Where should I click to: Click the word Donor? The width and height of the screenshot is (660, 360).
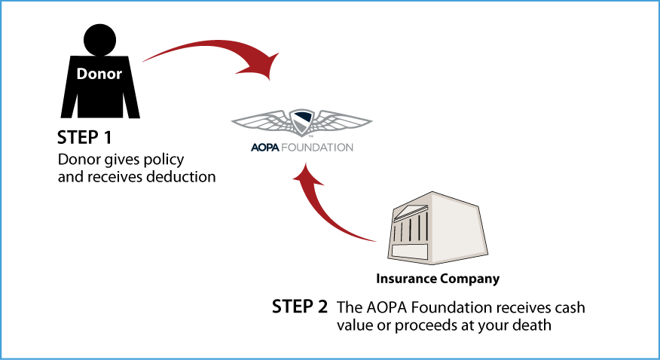point(99,75)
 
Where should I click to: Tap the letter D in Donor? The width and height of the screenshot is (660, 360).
point(82,75)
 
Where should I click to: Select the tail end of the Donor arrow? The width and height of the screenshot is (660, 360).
point(145,59)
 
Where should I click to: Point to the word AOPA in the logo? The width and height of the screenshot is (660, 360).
point(265,148)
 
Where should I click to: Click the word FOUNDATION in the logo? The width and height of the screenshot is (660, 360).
point(317,148)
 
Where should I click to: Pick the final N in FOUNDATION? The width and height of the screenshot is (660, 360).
point(349,148)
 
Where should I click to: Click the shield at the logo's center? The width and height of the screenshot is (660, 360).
point(302,121)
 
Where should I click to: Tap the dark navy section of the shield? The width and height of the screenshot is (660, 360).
point(304,117)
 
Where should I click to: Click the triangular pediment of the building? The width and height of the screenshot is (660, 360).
point(411,211)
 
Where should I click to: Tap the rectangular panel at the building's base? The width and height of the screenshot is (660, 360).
point(410,252)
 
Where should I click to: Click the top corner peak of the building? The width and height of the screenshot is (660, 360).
point(432,194)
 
